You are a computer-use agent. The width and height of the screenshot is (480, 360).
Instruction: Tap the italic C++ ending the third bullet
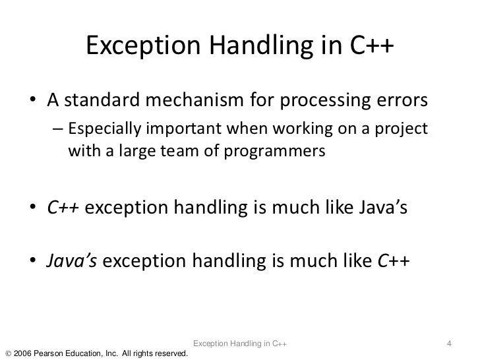coord(394,264)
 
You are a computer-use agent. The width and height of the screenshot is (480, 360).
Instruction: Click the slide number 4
coord(449,343)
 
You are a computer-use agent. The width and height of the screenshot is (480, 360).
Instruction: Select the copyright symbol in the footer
coord(7,353)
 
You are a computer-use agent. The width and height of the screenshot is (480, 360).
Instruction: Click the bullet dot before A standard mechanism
coord(32,103)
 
